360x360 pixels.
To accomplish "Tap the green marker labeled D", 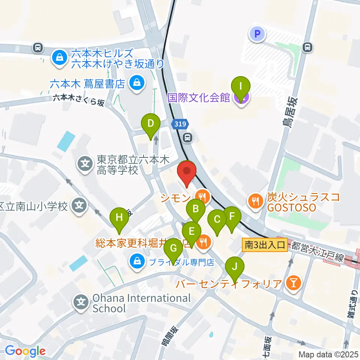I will tap(151, 123).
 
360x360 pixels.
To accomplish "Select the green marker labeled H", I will tap(119, 217).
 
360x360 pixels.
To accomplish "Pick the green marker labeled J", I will tap(235, 267).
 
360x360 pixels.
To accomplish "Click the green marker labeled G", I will tap(173, 248).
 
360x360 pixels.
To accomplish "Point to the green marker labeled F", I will tap(231, 216).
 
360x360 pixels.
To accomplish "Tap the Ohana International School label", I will tap(141, 303).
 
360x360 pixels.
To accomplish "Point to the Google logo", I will tap(25, 351).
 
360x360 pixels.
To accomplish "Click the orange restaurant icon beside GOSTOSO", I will tap(256, 201).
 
